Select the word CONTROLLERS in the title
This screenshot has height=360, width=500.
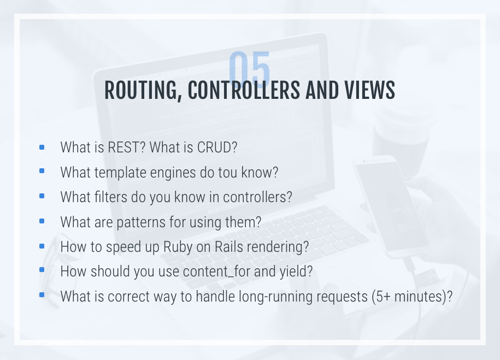coord(244,90)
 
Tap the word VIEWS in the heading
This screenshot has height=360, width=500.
coord(369,90)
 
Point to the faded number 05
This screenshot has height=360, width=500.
coord(249,69)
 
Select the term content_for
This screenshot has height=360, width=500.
coord(216,272)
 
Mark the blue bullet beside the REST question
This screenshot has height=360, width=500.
coord(42,147)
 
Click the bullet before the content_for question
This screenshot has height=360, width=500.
coord(42,270)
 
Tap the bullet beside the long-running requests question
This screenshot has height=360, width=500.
coord(42,294)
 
